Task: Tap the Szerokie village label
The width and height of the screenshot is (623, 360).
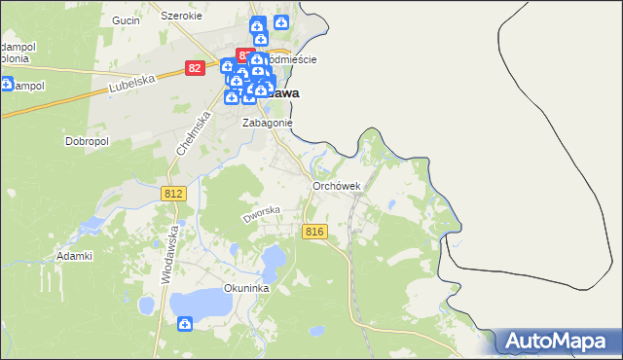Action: tap(181, 17)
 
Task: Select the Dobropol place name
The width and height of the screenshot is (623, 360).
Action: tap(86, 141)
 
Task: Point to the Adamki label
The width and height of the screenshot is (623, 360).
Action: tap(74, 255)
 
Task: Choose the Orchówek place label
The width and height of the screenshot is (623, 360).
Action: tap(337, 186)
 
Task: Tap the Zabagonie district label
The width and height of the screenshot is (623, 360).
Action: tap(268, 123)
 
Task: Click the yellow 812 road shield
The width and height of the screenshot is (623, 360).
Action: tap(173, 195)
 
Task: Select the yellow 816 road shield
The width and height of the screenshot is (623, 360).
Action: tap(313, 231)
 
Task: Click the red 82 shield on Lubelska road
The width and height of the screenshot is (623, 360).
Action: tap(196, 68)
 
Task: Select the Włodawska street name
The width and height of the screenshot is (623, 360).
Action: tap(172, 254)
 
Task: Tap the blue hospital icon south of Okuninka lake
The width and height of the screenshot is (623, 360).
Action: tap(185, 325)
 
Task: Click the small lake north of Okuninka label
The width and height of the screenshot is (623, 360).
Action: tap(274, 258)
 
